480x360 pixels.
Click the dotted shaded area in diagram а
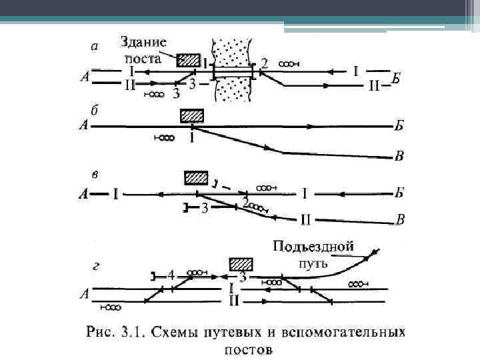coord(231,67)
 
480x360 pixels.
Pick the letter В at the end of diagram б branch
coord(399,157)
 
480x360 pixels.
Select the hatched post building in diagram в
coord(196,179)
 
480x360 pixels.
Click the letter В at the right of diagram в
coord(400,219)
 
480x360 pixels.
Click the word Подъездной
coord(313,247)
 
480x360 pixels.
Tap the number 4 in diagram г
coord(171,275)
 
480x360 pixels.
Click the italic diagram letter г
coord(96,267)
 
